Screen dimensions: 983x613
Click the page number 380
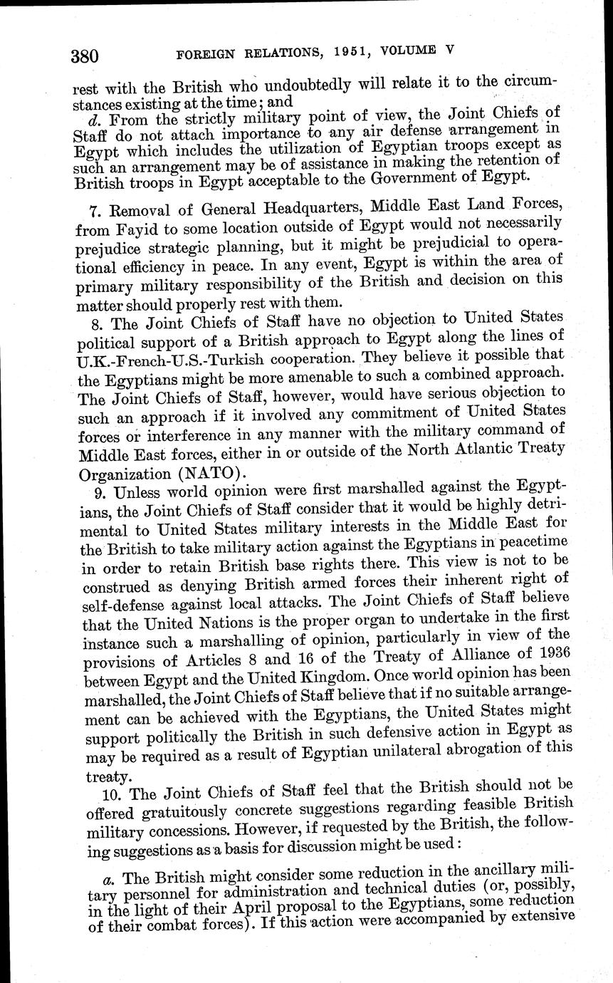[84, 55]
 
